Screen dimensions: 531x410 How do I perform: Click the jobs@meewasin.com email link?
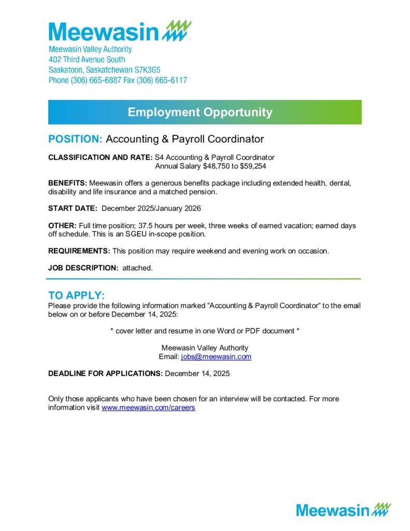[216, 357]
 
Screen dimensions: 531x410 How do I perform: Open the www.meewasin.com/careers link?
[148, 408]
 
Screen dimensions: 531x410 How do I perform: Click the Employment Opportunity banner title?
[200, 112]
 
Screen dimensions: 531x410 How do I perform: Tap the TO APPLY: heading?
[76, 296]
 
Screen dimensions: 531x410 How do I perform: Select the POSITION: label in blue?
[75, 139]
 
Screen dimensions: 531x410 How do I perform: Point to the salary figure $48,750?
[216, 166]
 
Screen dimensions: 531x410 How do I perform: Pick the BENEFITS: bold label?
[67, 183]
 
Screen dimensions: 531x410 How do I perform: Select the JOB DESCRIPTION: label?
[83, 268]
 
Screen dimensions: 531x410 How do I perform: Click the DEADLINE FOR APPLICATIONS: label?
[105, 373]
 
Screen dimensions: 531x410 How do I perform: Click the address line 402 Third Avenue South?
[87, 60]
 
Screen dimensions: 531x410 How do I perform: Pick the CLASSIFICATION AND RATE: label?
[100, 157]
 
